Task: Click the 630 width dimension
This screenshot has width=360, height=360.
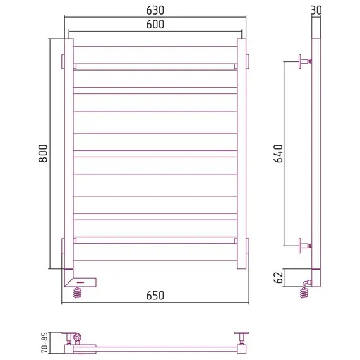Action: pyautogui.click(x=155, y=10)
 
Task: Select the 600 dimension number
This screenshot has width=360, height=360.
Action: pyautogui.click(x=155, y=25)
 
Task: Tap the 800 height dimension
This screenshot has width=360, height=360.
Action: pyautogui.click(x=43, y=153)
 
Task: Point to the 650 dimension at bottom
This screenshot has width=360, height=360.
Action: pyautogui.click(x=155, y=296)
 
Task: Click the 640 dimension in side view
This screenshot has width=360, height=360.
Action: pyautogui.click(x=279, y=153)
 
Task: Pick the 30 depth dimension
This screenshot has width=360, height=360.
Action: pyautogui.click(x=316, y=10)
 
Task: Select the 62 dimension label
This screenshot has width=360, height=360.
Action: pyautogui.click(x=279, y=278)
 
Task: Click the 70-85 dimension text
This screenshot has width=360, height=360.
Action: pyautogui.click(x=45, y=342)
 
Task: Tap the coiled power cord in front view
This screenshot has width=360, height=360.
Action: pyautogui.click(x=78, y=292)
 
